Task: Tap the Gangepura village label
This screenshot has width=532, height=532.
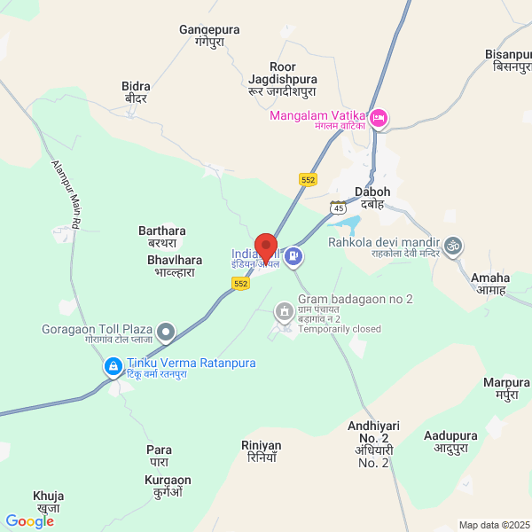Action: pos(210,36)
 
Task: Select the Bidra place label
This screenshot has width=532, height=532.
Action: pos(136,92)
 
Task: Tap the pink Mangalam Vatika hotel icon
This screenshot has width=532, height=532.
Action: pos(379,118)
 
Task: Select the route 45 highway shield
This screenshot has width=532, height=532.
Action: pos(337,207)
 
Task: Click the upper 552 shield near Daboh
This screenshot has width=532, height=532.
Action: pos(308,179)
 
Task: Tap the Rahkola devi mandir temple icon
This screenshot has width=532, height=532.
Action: pos(454,245)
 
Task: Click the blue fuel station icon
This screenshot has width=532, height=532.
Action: pos(294,258)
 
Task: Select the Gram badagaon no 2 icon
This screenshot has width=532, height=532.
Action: pos(284,310)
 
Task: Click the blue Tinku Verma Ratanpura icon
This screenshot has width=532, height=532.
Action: pos(113,366)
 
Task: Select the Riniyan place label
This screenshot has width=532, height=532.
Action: pos(261,451)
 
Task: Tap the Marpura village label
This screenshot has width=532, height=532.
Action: pos(506,388)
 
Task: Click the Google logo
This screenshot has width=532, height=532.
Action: pos(30,521)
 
